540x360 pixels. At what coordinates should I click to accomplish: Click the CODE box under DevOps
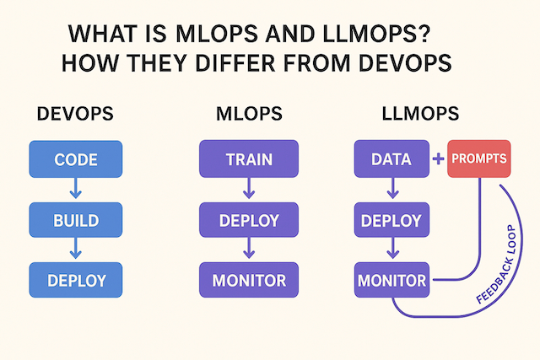coord(76,159)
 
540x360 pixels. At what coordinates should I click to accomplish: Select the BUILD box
coord(76,220)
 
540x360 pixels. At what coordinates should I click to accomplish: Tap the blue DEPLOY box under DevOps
coord(76,280)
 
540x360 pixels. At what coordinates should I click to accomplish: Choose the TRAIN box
coord(249,159)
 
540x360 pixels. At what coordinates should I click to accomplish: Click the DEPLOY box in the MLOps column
coord(249,220)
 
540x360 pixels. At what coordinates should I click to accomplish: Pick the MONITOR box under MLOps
coord(249,280)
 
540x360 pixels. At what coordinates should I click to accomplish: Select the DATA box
coord(391,159)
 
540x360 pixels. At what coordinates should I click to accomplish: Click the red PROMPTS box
coord(479,159)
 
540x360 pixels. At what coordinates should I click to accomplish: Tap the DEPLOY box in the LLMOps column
coord(391,220)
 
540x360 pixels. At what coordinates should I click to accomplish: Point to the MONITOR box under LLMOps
coord(391,280)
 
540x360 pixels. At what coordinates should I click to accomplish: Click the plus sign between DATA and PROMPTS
coord(439,159)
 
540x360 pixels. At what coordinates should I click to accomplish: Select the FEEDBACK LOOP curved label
coord(497,265)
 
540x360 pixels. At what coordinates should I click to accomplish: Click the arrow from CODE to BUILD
coord(76,189)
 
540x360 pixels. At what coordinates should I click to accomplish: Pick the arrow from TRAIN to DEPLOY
coord(249,189)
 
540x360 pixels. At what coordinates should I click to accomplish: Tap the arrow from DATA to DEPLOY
coord(393,189)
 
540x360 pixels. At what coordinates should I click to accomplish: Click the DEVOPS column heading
coord(75,114)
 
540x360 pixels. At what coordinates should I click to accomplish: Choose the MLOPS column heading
coord(250,114)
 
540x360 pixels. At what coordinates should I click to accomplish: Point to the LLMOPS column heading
coord(420,114)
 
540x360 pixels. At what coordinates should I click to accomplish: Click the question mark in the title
coord(424,34)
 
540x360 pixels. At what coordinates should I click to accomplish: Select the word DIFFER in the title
coord(235,63)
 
